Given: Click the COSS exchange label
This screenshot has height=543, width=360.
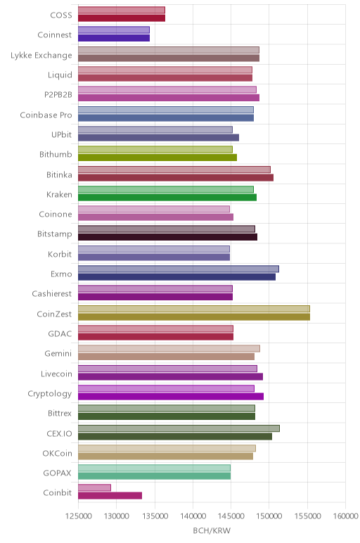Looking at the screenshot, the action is click(61, 15).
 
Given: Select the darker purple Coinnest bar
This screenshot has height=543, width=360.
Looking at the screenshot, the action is click(114, 38).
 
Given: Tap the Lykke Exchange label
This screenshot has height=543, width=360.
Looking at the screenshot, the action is click(41, 56).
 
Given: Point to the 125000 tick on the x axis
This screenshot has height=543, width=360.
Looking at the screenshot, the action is click(78, 516).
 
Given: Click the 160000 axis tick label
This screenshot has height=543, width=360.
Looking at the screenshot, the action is click(345, 516).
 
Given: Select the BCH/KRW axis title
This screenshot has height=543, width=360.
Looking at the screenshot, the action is click(212, 530).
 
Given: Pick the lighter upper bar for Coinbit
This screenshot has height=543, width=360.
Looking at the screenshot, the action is click(94, 487).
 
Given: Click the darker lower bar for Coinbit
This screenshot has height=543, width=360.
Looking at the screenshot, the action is click(110, 496).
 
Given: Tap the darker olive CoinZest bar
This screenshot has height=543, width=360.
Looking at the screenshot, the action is click(194, 317).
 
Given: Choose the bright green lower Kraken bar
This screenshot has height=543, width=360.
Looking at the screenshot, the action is click(167, 197).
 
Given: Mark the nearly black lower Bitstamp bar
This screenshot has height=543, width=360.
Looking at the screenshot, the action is click(167, 237).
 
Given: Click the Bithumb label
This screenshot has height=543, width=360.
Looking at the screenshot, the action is click(56, 154).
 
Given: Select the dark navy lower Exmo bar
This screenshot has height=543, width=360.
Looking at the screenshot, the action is click(177, 276).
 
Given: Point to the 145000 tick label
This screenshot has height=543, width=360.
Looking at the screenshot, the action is click(231, 516).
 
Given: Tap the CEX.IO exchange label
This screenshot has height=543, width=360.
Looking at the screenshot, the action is click(59, 433).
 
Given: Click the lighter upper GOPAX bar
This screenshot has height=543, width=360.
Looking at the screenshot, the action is click(155, 468).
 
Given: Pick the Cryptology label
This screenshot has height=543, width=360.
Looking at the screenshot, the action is click(50, 394).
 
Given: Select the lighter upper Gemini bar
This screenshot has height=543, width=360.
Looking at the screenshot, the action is click(169, 348).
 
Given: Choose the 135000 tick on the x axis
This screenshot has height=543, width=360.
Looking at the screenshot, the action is click(155, 516).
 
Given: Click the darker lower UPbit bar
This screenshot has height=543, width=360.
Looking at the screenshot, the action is click(158, 137).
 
